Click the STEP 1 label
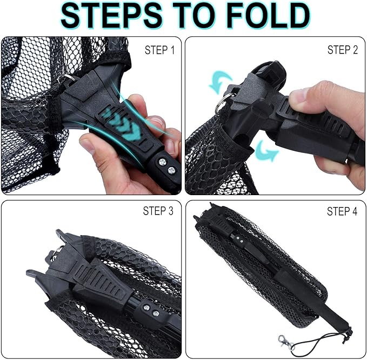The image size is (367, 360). click(x=159, y=50)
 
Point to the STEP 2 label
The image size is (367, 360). click(x=342, y=50)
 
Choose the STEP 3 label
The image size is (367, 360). click(x=158, y=211)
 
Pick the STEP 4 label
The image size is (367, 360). click(x=342, y=211)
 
